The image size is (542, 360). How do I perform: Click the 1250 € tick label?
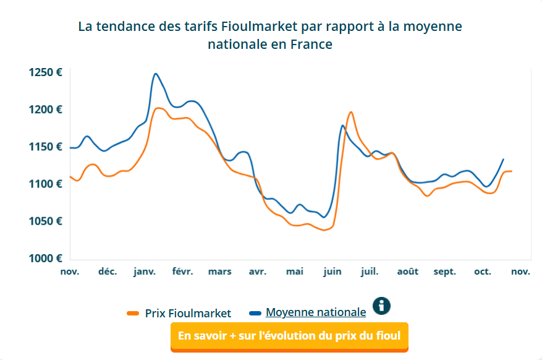click(x=46, y=72)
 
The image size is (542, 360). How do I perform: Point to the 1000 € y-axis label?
click(x=46, y=258)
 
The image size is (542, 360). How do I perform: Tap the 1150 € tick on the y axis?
click(x=46, y=147)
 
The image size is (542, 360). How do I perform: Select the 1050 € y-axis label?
click(x=46, y=221)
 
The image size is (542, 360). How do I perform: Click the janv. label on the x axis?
click(x=145, y=272)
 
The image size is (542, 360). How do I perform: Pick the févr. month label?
click(x=182, y=272)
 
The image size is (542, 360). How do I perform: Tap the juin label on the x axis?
click(x=332, y=272)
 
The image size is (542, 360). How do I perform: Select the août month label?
click(x=407, y=272)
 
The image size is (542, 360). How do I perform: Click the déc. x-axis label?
click(x=108, y=272)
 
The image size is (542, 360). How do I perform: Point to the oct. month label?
click(x=482, y=272)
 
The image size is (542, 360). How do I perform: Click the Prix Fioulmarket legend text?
click(x=188, y=313)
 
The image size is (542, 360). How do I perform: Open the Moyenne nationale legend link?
click(x=315, y=312)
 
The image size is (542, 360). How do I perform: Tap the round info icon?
click(x=382, y=305)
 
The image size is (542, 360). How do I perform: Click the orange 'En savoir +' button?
click(x=289, y=336)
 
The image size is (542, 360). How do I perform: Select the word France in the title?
click(x=311, y=45)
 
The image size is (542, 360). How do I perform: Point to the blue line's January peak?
click(x=156, y=74)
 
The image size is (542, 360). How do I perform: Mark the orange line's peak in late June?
click(x=351, y=112)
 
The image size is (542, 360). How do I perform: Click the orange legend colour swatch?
click(x=133, y=314)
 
